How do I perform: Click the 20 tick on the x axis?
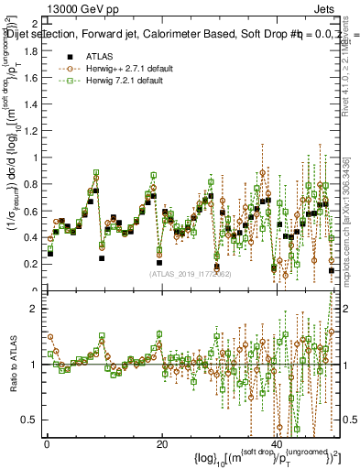[x=162, y=445]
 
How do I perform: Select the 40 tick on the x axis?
[x=278, y=445]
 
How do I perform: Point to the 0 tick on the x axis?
[x=47, y=445]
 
